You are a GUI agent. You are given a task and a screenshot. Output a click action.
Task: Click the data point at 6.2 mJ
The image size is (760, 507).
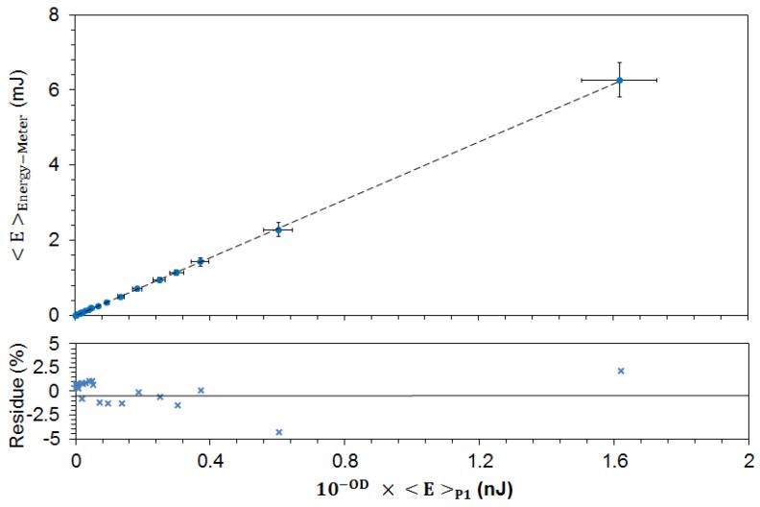pos(620,80)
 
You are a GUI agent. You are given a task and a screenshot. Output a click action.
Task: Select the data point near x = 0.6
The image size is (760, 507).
pos(278,229)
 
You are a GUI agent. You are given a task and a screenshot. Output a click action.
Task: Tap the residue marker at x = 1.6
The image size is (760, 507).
pos(621,371)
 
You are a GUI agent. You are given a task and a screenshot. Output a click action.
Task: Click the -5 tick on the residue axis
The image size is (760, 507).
pos(54,439)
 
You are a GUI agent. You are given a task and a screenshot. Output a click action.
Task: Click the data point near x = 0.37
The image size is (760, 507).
pos(201,260)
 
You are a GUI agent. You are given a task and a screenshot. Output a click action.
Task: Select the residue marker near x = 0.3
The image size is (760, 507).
pos(178,405)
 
